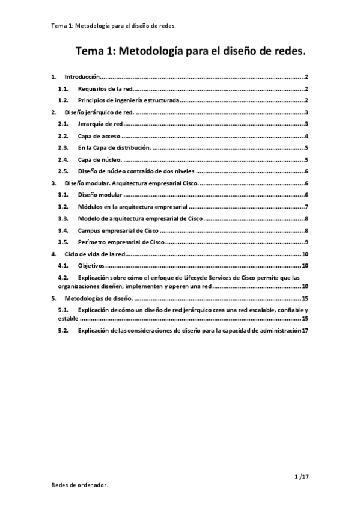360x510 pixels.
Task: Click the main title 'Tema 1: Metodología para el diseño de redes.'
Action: (x=190, y=52)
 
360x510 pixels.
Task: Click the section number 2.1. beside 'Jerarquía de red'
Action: (x=63, y=124)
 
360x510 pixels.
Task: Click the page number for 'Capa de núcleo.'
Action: (x=307, y=159)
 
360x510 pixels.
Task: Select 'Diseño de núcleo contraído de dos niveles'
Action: (x=136, y=171)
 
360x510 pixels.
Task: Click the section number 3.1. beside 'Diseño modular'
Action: (x=63, y=195)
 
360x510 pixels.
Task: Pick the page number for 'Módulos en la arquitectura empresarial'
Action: (x=307, y=207)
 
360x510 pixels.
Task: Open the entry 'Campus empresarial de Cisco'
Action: (x=118, y=230)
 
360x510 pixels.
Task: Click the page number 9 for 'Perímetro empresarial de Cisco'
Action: (x=307, y=242)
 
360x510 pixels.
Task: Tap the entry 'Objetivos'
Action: (x=91, y=266)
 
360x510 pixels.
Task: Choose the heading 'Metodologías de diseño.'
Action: (x=97, y=298)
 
